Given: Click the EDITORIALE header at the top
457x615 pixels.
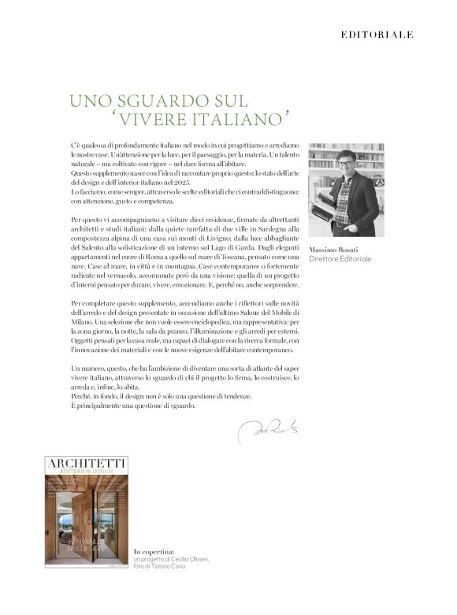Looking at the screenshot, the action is point(376,35).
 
